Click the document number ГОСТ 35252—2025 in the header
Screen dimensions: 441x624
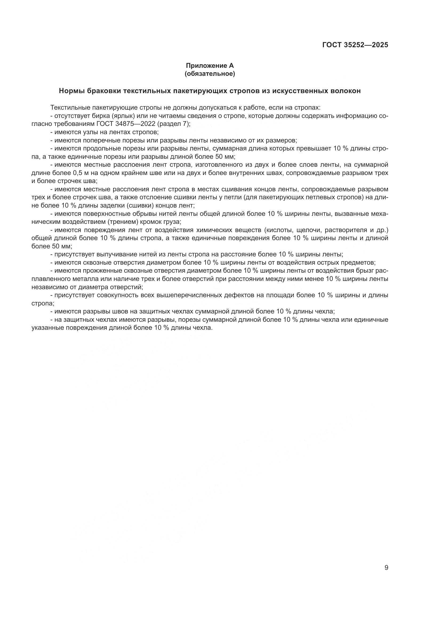355,45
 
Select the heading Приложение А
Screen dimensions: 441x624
210,66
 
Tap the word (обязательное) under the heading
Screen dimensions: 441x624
210,74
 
